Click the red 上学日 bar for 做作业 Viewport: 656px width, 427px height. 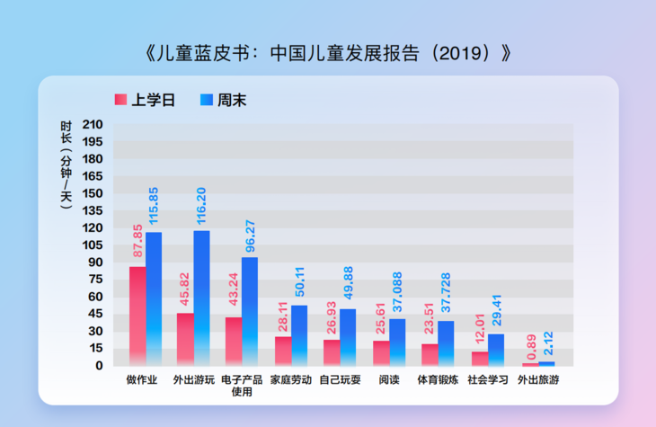point(137,316)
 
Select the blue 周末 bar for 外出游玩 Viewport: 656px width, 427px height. point(201,298)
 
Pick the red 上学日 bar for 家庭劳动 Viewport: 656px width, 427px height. point(283,351)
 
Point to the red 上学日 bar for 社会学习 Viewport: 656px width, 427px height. point(479,358)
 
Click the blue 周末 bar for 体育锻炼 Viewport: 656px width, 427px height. point(446,342)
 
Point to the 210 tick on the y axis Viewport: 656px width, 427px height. point(93,124)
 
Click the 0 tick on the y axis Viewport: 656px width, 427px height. point(100,365)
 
